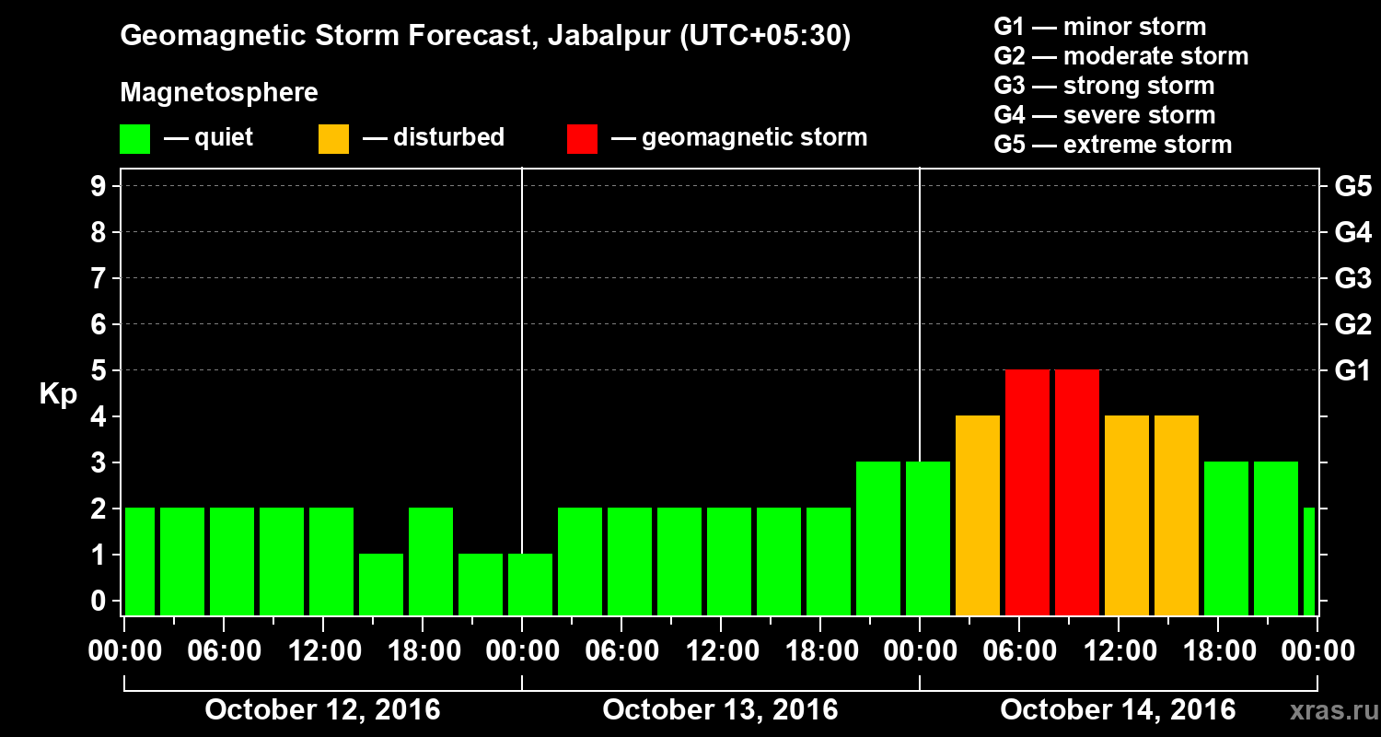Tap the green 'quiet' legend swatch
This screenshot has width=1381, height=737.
(134, 138)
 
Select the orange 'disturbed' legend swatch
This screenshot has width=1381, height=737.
(333, 138)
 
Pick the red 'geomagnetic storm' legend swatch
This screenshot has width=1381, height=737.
(582, 138)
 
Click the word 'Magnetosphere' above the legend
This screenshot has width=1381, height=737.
(219, 93)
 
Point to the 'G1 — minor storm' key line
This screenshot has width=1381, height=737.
(1099, 27)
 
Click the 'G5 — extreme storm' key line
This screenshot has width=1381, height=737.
(1112, 145)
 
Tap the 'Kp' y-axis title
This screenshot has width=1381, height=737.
(58, 394)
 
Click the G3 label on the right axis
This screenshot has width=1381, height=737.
(1352, 278)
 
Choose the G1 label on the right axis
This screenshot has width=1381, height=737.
(1352, 371)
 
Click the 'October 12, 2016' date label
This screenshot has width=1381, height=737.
(322, 710)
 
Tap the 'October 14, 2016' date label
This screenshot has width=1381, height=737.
(1118, 710)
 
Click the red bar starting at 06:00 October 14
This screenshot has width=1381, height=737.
(1027, 492)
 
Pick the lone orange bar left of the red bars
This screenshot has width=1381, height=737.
(978, 515)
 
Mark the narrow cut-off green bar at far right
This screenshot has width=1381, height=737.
(1309, 561)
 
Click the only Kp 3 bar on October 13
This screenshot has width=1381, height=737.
(878, 538)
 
